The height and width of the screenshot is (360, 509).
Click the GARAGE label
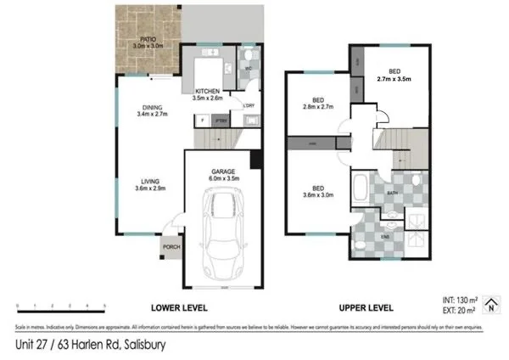click(x=223, y=171)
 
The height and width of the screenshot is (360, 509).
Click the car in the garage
click(x=224, y=229)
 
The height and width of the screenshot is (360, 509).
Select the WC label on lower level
click(x=249, y=68)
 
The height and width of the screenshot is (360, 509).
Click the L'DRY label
click(x=249, y=106)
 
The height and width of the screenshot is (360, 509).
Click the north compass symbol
click(x=495, y=302)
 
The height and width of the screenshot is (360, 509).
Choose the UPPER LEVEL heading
click(x=367, y=307)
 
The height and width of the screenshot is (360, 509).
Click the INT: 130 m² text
click(x=459, y=300)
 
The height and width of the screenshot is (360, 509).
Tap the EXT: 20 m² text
click(x=459, y=311)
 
